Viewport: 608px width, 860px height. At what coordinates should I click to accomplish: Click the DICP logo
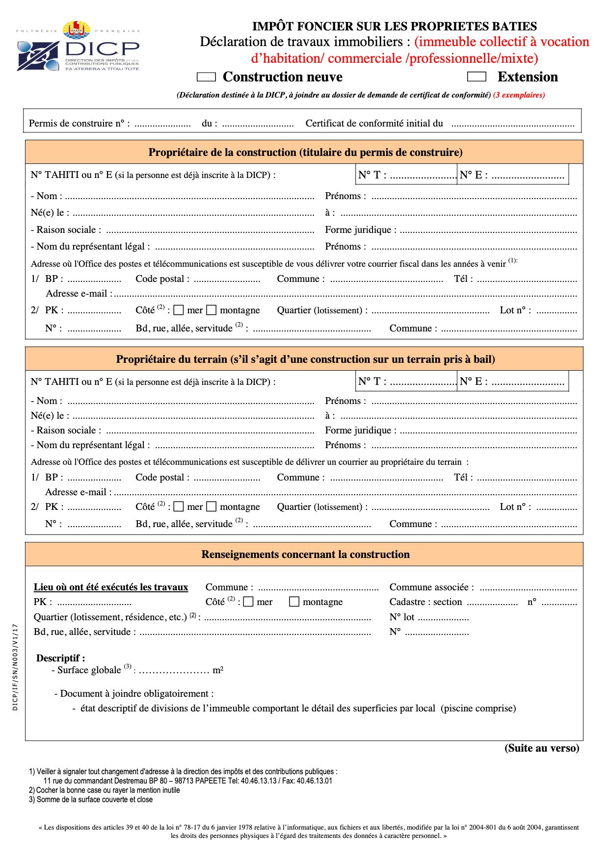[78, 47]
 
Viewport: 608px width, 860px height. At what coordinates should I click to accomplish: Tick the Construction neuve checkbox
[206, 77]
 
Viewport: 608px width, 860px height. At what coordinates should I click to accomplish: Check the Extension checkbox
[476, 76]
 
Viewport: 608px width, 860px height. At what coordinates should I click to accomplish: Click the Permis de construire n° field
[162, 124]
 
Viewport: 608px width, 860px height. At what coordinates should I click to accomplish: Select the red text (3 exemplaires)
[519, 95]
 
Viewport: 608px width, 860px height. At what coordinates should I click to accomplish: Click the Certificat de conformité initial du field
[512, 124]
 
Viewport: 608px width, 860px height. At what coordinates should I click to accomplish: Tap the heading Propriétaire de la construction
[305, 152]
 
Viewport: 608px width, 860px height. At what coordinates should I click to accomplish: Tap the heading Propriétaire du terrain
[305, 359]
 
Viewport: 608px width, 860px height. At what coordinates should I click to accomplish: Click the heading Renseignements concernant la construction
[305, 555]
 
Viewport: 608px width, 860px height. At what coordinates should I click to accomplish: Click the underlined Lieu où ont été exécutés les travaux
[111, 587]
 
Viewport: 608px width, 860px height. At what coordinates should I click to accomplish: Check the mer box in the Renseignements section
[248, 602]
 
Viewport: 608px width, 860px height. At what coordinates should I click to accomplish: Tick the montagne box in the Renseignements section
[294, 602]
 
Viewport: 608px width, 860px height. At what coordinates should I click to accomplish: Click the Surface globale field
[174, 671]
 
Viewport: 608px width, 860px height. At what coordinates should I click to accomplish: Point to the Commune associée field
[528, 588]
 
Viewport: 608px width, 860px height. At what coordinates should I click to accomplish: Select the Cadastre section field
[492, 603]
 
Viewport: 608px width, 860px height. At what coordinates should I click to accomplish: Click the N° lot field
[443, 618]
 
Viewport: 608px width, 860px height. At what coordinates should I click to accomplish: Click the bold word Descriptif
[60, 658]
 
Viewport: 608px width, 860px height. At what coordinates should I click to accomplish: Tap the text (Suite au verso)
[542, 748]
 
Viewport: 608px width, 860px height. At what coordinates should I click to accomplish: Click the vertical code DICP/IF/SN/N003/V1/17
[15, 667]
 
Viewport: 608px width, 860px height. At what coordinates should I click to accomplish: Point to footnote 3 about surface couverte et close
[91, 800]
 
